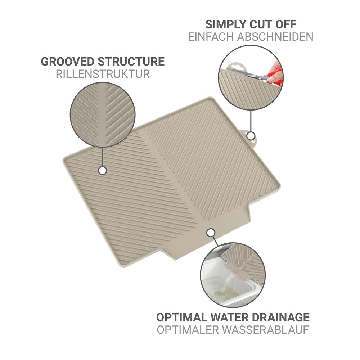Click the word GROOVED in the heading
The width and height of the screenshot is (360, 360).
click(x=68, y=62)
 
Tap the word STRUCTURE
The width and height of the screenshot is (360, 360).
click(x=131, y=62)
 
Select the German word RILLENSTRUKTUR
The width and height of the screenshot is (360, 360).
click(x=103, y=74)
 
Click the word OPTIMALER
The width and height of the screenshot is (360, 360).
click(x=188, y=330)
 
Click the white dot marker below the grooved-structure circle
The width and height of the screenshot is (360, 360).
click(x=102, y=171)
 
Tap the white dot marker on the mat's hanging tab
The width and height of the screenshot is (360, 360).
click(x=251, y=136)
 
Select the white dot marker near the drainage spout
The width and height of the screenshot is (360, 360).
click(x=210, y=233)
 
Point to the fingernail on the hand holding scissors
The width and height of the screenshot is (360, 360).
click(x=271, y=80)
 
